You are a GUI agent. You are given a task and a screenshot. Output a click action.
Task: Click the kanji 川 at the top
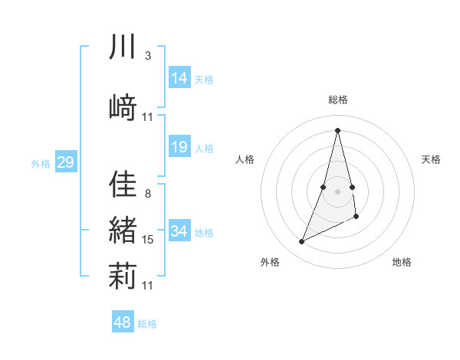point(123,48)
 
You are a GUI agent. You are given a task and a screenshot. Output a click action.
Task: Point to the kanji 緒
point(123,231)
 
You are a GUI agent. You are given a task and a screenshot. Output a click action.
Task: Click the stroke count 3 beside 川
point(148,56)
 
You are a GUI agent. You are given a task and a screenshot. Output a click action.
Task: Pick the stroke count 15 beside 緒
point(148,240)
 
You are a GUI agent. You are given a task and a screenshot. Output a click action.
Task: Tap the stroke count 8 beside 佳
point(148,193)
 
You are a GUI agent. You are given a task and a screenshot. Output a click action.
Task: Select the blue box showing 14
point(179,77)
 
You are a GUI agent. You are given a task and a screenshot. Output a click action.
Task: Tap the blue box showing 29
point(65,162)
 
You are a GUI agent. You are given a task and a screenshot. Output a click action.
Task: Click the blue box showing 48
point(122,322)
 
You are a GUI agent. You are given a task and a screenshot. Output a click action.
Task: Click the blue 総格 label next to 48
point(147,324)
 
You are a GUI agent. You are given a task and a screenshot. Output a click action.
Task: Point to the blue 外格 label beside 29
point(41,164)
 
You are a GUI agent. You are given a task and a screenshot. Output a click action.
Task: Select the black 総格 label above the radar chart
point(338,100)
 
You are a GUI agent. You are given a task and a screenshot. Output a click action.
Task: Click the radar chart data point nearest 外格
point(302,242)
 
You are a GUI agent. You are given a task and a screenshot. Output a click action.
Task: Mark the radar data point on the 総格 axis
point(338,129)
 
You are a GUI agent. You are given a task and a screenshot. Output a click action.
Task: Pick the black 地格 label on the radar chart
point(402,263)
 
